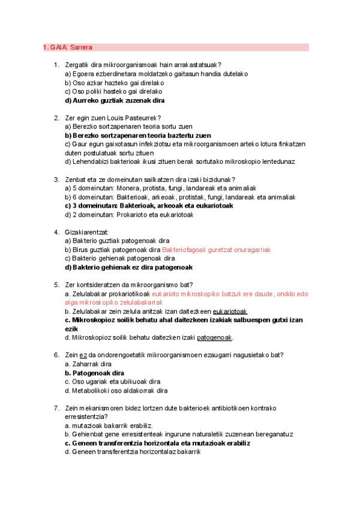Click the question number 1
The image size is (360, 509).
pyautogui.click(x=56, y=65)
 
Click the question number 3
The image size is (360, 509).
pyautogui.click(x=56, y=179)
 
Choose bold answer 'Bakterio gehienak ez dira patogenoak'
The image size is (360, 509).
pyautogui.click(x=133, y=267)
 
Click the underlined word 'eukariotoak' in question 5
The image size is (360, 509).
pyautogui.click(x=231, y=312)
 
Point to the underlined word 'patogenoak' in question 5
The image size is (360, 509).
pyautogui.click(x=214, y=337)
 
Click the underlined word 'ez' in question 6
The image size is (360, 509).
pyautogui.click(x=83, y=355)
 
